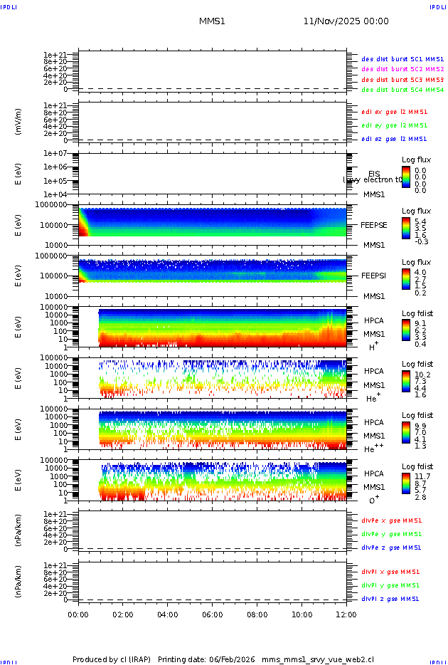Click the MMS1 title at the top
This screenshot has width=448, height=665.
point(212,21)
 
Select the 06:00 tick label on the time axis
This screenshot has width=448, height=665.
point(213,614)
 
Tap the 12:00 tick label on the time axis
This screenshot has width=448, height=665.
point(346,614)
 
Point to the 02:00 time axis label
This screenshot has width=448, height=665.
point(123,614)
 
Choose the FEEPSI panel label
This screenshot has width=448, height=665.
point(372,276)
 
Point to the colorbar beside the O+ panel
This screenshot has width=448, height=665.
point(406,483)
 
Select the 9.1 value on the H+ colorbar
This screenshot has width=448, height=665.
point(420,322)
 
